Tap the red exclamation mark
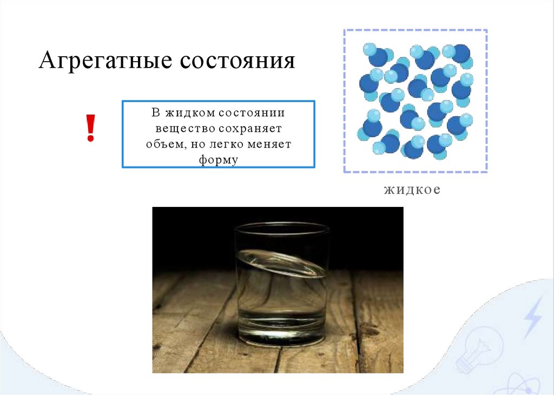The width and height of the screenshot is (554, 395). click(91, 128)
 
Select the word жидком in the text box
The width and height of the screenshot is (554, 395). click(184, 114)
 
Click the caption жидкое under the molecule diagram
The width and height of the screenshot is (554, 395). click(413, 190)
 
